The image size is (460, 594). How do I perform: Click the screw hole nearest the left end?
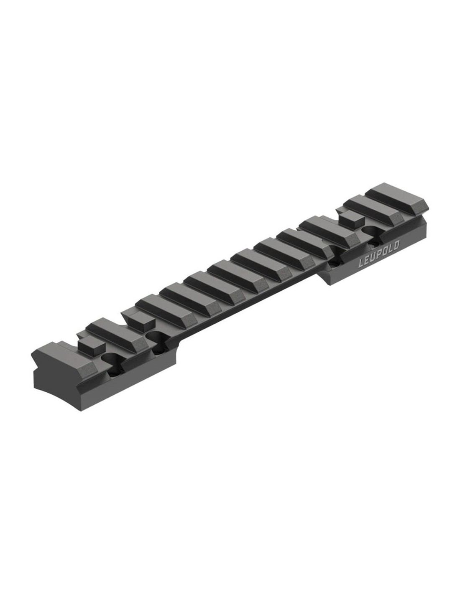[x=112, y=359]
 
